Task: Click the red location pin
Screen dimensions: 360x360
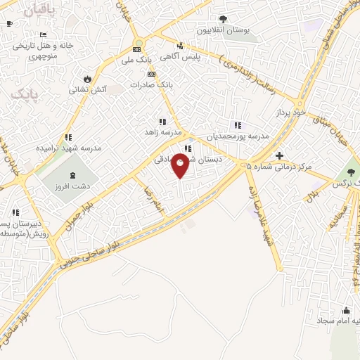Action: [x=180, y=166]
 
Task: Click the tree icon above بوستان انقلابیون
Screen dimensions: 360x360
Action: [x=223, y=19]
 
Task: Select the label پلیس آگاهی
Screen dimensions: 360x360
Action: [x=181, y=57]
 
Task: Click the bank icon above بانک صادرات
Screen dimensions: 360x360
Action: [x=150, y=73]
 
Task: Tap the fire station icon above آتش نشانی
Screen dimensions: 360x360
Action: [x=87, y=79]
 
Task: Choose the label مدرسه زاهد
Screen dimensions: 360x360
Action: [x=163, y=132]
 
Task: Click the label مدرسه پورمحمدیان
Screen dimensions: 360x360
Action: [x=236, y=136]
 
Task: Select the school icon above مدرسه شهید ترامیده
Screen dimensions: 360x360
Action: [x=68, y=137]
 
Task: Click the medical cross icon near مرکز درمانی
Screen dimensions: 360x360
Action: [x=280, y=155]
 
